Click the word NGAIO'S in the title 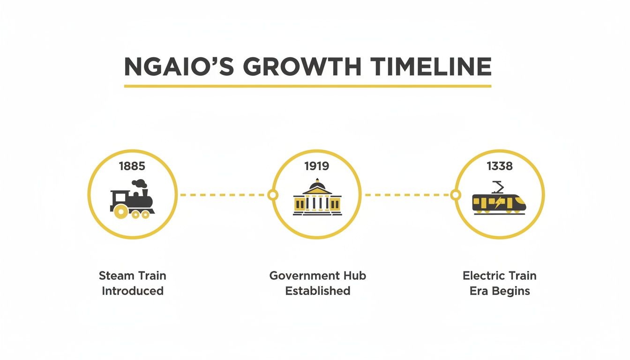(x=179, y=67)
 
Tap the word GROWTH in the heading (x=302, y=67)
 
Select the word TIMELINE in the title (x=430, y=67)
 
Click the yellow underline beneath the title (x=307, y=86)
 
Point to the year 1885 (x=132, y=165)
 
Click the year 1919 (x=316, y=165)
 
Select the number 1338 (x=500, y=165)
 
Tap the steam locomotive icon (x=132, y=199)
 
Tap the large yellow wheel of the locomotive (x=121, y=212)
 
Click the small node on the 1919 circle (x=272, y=195)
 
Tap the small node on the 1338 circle (x=455, y=195)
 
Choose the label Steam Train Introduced (x=133, y=283)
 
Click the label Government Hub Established (x=317, y=283)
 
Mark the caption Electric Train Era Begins (x=500, y=283)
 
